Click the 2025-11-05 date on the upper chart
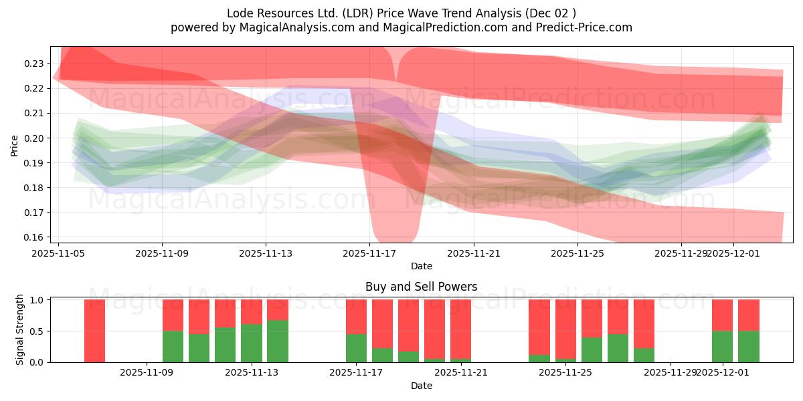tap(58, 253)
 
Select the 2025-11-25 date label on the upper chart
tap(577, 253)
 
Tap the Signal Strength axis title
tap(20, 329)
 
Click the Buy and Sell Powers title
tap(421, 287)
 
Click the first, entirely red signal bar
tap(94, 330)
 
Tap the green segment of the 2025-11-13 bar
tap(251, 343)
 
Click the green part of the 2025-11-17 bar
tap(356, 348)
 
